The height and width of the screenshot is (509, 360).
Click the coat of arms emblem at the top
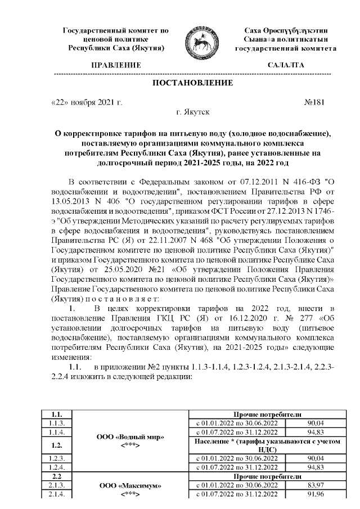pyautogui.click(x=199, y=39)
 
